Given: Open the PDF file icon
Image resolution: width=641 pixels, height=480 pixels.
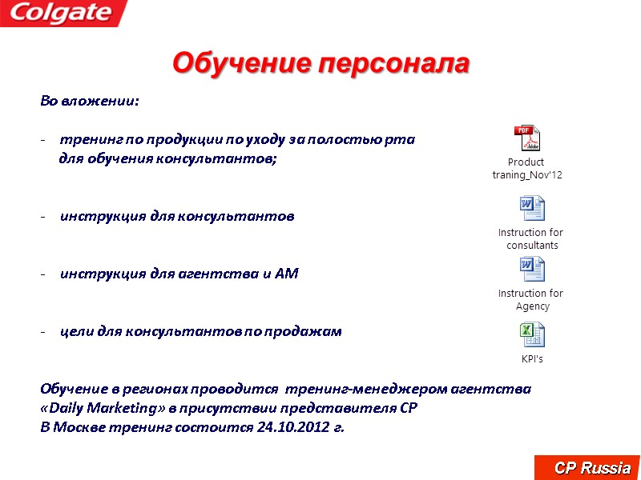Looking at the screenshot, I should tap(527, 138).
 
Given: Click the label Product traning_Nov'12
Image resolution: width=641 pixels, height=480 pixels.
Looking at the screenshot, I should tap(526, 169).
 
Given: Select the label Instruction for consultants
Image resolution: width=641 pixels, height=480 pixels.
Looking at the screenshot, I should tap(531, 239).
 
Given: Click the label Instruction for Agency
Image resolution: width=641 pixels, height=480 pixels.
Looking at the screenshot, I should tap(531, 300).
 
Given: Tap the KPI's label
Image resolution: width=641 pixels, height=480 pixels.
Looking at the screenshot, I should tap(532, 359).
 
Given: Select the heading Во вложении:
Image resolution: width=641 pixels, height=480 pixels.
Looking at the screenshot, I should tap(89, 102).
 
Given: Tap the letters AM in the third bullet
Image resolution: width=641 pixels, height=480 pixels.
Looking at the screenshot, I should tap(286, 274).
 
